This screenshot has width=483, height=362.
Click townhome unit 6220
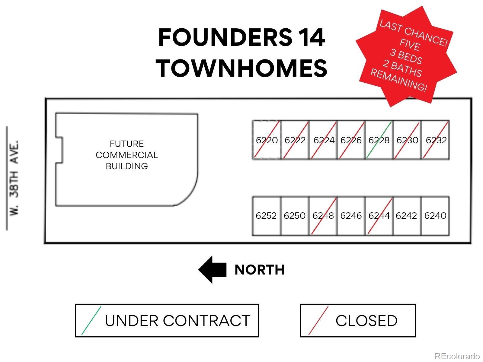[x=267, y=140]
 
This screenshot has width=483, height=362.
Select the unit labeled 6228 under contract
[x=379, y=140]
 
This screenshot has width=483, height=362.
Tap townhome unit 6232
[x=436, y=140]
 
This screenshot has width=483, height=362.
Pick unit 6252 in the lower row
[x=267, y=216]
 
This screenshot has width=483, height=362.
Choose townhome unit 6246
[x=351, y=216]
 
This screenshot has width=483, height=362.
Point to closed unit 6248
[x=323, y=216]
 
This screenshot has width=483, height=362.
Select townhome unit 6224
[x=323, y=140]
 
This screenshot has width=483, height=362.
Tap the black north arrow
[x=212, y=270]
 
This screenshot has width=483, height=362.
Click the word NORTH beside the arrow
[x=259, y=270]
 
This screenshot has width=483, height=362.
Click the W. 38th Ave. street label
[x=14, y=178]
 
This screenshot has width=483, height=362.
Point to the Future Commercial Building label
[x=127, y=155]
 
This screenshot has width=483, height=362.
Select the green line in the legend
[x=91, y=320]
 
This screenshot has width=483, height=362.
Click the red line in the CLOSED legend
[x=318, y=320]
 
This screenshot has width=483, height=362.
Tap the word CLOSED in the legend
[x=366, y=321]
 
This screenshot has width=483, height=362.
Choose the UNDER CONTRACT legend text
[x=178, y=321]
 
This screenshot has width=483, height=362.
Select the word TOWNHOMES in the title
[x=241, y=68]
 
